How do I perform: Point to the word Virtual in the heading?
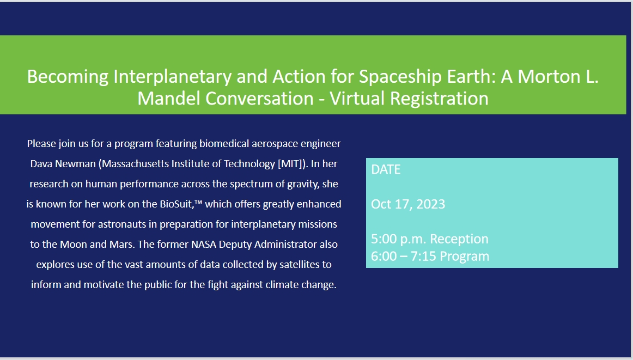354,99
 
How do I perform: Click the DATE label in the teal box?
386,169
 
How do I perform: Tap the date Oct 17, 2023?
408,204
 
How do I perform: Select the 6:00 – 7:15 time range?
405,256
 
